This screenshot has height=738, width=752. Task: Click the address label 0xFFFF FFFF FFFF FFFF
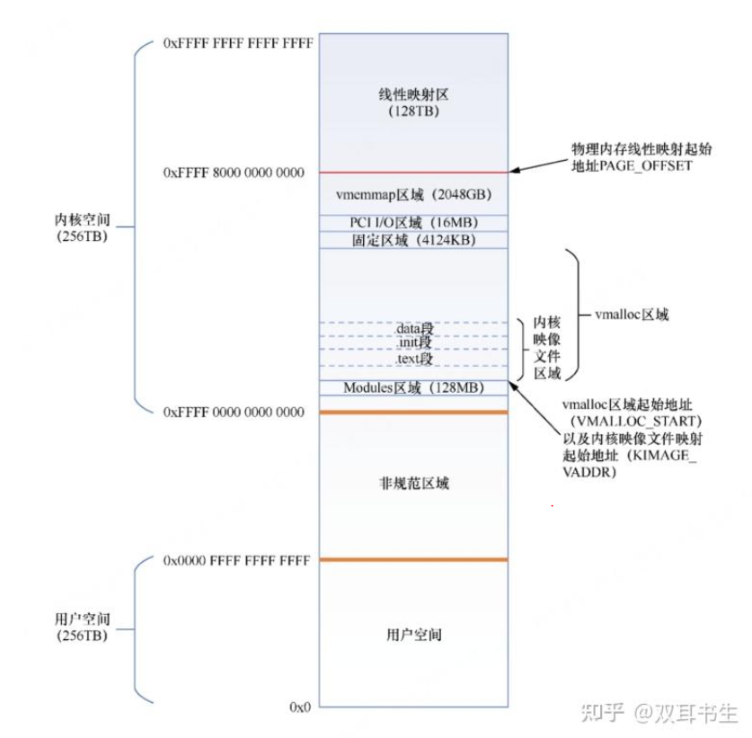pyautogui.click(x=238, y=42)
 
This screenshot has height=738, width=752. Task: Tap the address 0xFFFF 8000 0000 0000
pyautogui.click(x=234, y=172)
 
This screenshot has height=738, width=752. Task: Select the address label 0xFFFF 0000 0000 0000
pyautogui.click(x=234, y=412)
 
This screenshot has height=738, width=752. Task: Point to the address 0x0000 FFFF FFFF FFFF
pyautogui.click(x=236, y=560)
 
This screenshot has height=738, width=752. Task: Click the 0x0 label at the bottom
pyautogui.click(x=300, y=707)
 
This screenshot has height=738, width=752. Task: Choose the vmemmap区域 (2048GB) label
pyautogui.click(x=413, y=194)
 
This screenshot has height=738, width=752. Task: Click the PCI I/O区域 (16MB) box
pyautogui.click(x=413, y=222)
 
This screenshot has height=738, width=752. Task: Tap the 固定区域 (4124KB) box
pyautogui.click(x=413, y=240)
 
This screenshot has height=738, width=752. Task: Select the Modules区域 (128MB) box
pyautogui.click(x=413, y=388)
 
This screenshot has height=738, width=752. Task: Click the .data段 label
pyautogui.click(x=414, y=329)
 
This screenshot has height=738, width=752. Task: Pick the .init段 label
pyautogui.click(x=414, y=343)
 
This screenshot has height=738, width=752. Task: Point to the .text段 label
pyautogui.click(x=414, y=359)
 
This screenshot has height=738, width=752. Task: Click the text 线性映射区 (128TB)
pyautogui.click(x=413, y=103)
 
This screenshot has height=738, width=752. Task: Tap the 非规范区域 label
pyautogui.click(x=413, y=484)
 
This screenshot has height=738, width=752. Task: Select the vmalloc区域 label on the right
pyautogui.click(x=632, y=316)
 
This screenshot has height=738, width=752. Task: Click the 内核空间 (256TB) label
pyautogui.click(x=81, y=227)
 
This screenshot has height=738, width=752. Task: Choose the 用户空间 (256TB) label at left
pyautogui.click(x=81, y=627)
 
